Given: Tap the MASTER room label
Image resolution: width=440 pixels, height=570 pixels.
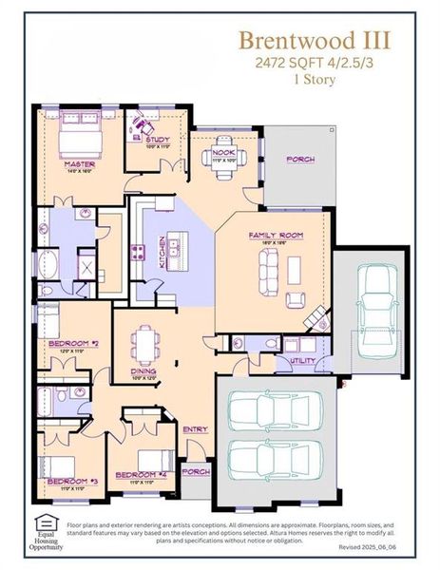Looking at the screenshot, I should (x=79, y=162).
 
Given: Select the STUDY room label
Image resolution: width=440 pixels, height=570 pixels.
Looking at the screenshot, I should (x=157, y=140).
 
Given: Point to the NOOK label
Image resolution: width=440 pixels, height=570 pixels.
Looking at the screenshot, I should (x=224, y=152).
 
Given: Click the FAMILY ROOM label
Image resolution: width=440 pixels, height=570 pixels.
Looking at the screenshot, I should (x=275, y=235).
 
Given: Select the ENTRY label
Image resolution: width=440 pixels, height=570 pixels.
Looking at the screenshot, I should (x=196, y=429).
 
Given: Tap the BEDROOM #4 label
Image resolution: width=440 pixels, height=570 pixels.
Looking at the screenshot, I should (x=140, y=474).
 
